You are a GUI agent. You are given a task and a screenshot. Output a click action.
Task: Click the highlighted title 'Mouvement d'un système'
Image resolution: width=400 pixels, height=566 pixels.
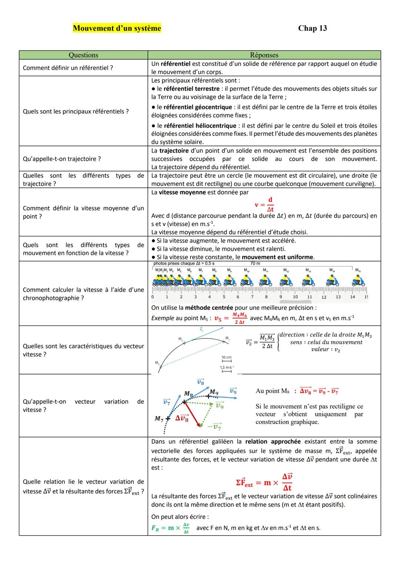(x=117, y=29)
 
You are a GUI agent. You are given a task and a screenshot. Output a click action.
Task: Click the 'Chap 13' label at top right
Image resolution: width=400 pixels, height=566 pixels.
(x=312, y=29)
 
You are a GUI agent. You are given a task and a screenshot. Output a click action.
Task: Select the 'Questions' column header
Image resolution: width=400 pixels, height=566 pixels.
(x=83, y=55)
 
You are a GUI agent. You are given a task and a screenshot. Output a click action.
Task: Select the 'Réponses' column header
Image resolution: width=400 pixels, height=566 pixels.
(x=264, y=55)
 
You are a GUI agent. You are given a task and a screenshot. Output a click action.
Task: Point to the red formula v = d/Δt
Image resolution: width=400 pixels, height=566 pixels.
(x=264, y=204)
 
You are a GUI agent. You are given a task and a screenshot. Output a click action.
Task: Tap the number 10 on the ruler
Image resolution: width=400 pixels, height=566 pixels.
(x=295, y=297)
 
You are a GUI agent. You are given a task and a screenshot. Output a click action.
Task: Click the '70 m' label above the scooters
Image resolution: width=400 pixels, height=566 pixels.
(x=255, y=263)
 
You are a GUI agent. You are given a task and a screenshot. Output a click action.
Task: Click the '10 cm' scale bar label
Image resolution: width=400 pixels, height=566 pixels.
(x=226, y=357)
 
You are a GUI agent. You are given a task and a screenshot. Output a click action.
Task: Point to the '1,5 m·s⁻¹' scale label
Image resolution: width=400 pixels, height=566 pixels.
(x=227, y=367)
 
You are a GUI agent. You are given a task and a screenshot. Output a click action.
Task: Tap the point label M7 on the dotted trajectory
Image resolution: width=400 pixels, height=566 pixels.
(x=159, y=419)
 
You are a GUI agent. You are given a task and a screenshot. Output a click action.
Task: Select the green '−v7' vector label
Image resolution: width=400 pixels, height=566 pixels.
(x=214, y=427)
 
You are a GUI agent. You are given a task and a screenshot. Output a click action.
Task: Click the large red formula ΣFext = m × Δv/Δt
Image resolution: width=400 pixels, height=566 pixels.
(x=264, y=483)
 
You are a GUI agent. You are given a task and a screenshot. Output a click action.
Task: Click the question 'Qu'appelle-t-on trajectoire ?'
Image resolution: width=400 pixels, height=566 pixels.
(x=62, y=159)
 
